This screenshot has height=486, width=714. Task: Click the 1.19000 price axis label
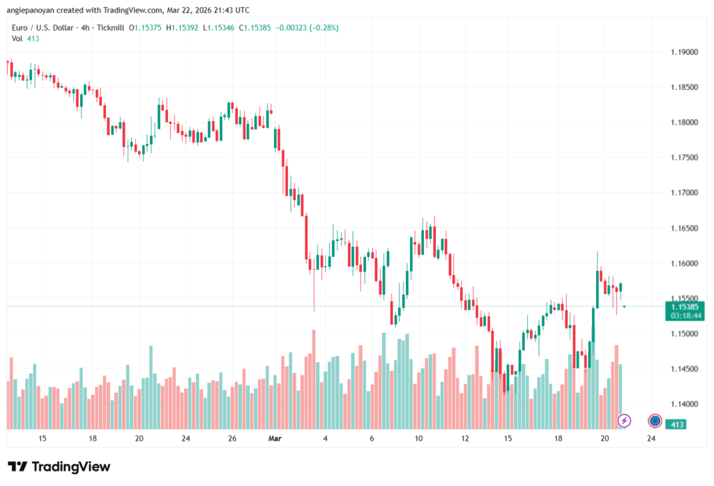pos(684,52)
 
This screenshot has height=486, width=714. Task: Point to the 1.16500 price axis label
pos(684,228)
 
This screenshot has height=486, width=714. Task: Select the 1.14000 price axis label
pos(684,404)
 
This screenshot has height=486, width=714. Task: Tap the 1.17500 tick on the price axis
pos(684,157)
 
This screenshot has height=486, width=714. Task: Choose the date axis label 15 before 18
pos(43,439)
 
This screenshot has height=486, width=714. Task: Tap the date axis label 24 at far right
pos(651,439)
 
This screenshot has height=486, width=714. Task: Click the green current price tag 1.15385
pos(685,306)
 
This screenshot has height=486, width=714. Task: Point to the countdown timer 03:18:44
pos(685,315)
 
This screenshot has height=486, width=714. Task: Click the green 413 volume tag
pos(675,423)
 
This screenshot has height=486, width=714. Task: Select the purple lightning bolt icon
pos(625,421)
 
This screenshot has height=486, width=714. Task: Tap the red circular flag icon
pos(655,421)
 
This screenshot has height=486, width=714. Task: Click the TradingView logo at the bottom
pos(59,467)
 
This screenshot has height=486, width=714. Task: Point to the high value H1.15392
pos(185,27)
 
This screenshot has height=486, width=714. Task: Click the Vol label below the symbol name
pos(17,39)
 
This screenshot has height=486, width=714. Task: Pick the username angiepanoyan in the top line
pos(32,10)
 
